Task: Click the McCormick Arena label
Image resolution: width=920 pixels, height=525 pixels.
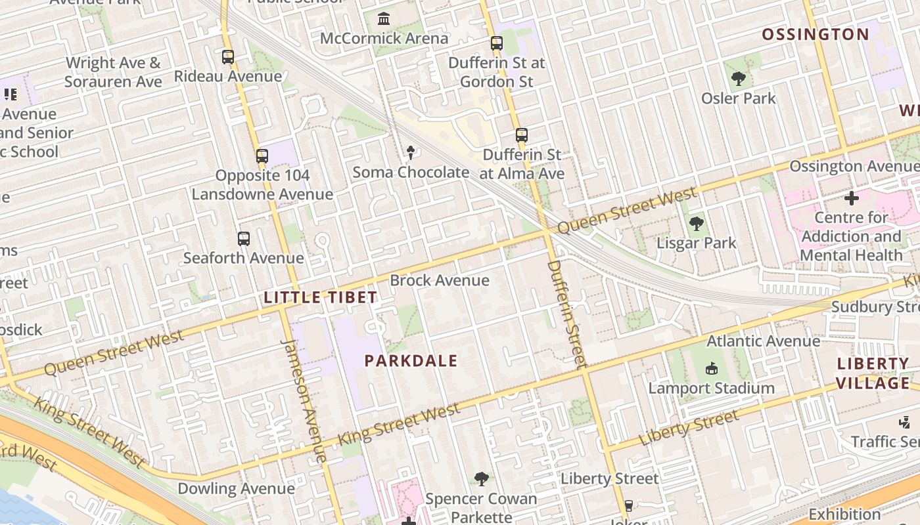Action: [x=384, y=38]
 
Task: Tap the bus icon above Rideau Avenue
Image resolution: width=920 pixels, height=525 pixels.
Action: [x=228, y=57]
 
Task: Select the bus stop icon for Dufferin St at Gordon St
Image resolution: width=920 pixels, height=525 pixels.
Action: [x=497, y=44]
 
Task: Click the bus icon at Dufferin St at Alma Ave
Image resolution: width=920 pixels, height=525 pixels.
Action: [x=522, y=135]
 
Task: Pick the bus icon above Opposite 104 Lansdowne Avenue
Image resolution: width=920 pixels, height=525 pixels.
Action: [x=262, y=156]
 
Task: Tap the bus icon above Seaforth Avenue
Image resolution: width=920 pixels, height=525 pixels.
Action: [x=244, y=239]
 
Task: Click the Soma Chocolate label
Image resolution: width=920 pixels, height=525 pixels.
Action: [x=411, y=172]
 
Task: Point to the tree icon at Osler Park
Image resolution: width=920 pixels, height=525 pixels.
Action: [x=739, y=79]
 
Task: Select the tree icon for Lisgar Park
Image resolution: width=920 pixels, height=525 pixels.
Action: [x=697, y=224]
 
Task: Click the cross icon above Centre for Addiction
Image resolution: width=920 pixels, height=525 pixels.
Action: [x=852, y=198]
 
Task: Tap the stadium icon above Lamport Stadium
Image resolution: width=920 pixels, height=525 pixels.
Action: [x=712, y=369]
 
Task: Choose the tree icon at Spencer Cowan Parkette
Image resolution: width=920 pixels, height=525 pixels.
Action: [x=482, y=479]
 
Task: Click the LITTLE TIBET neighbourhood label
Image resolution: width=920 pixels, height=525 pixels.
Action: [x=321, y=297]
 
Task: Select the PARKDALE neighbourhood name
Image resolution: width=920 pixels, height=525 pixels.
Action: [x=411, y=360]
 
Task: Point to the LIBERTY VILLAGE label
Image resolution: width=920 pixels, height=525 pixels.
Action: [x=873, y=373]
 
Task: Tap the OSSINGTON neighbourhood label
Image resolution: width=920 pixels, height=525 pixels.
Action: [x=816, y=34]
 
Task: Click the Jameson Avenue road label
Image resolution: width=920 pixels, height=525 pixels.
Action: [x=304, y=400]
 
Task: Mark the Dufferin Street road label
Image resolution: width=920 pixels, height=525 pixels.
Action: [x=566, y=314]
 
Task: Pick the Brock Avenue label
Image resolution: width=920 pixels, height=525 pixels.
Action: [x=440, y=280]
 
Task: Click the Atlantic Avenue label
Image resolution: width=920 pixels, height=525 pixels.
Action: [x=763, y=341]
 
